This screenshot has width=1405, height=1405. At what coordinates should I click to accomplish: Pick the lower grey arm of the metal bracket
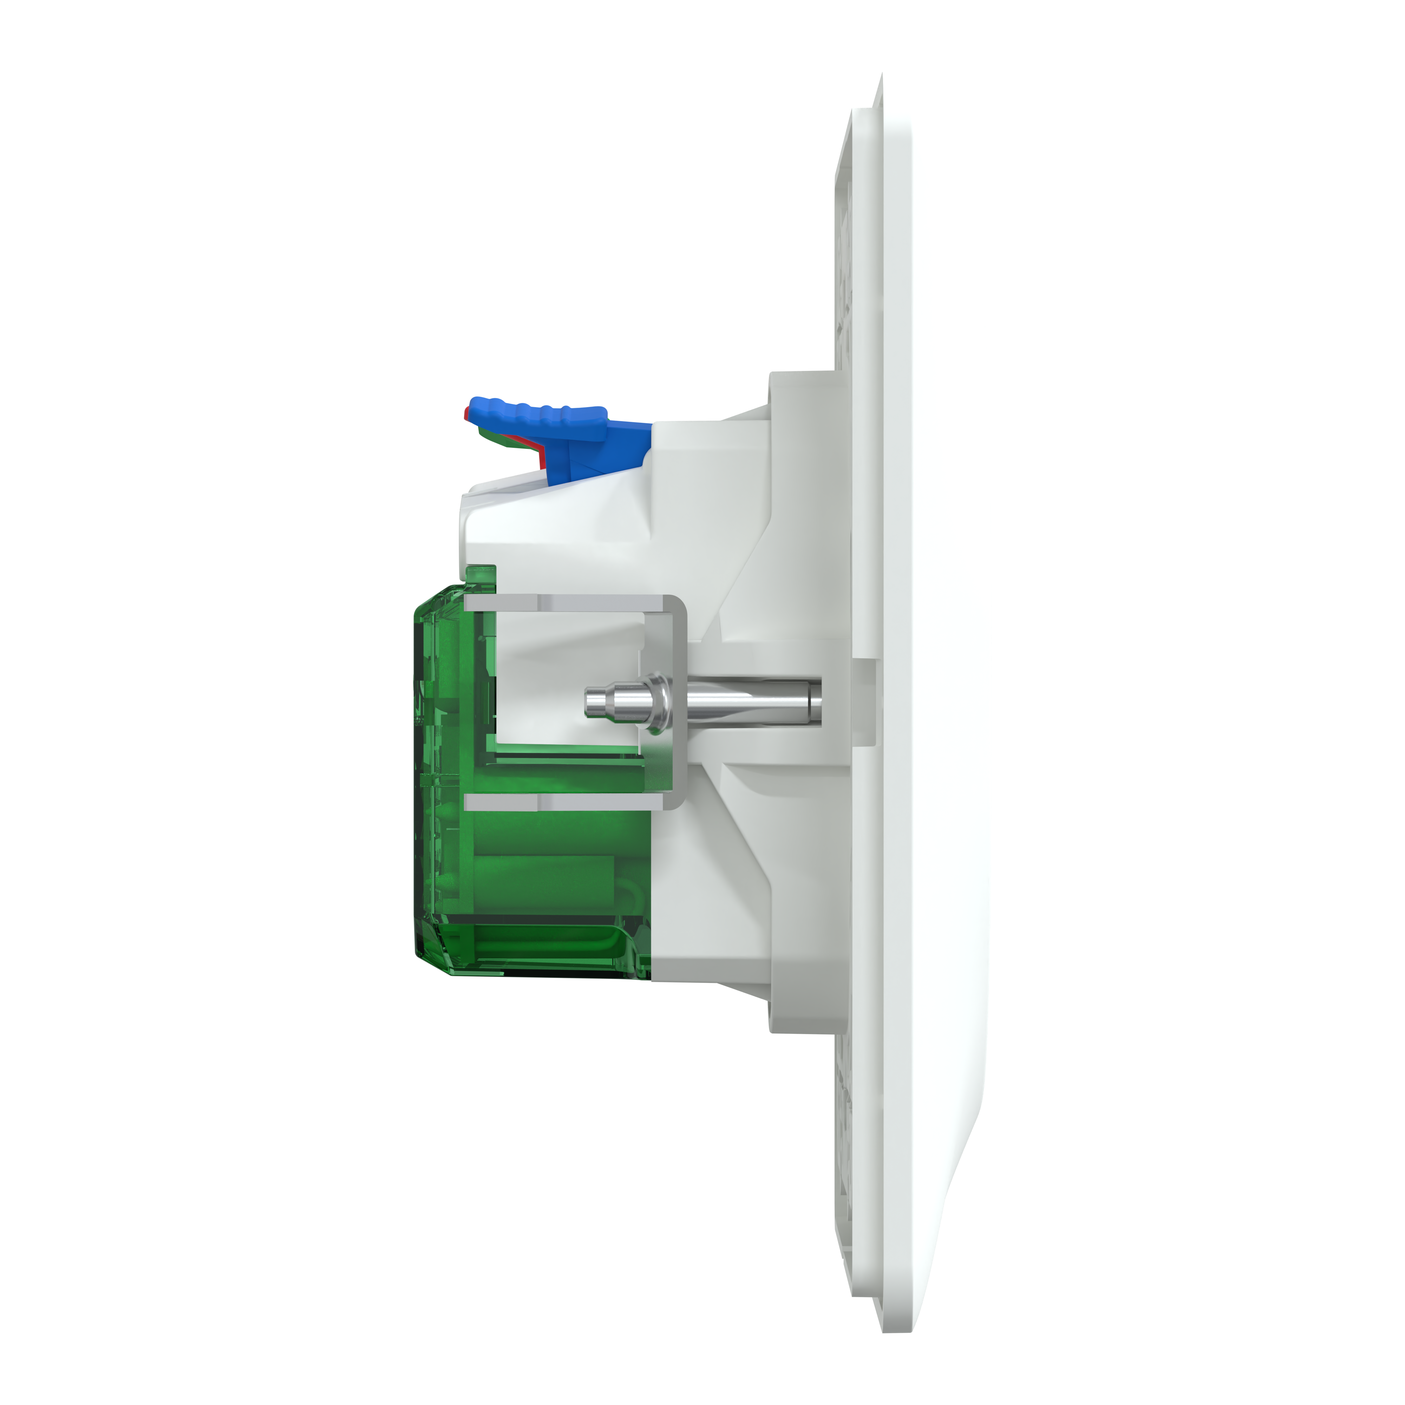tap(567, 802)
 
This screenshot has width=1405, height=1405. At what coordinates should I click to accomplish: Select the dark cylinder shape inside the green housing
tap(553, 865)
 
